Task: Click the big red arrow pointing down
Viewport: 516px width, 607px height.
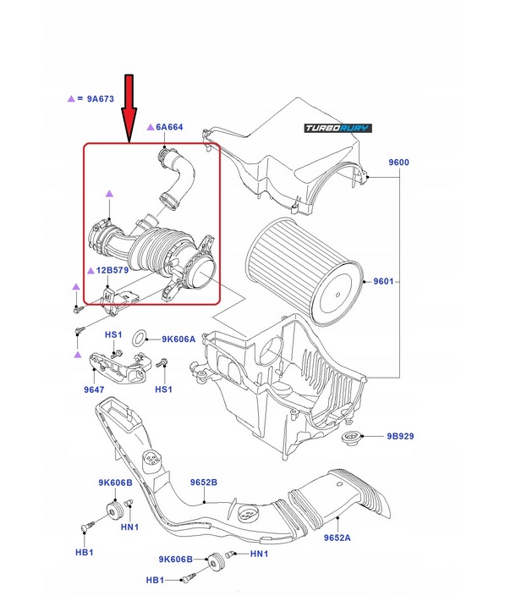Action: click(x=129, y=106)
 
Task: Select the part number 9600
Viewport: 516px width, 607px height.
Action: click(x=398, y=162)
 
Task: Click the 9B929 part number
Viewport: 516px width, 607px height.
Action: click(x=400, y=437)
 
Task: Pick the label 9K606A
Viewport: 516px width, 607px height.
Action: click(x=179, y=339)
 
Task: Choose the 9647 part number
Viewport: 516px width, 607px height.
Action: click(x=93, y=390)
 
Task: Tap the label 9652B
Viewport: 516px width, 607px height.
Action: click(x=202, y=482)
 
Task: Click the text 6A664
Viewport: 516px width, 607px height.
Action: click(x=169, y=127)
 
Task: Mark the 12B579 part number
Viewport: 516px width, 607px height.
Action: click(x=111, y=270)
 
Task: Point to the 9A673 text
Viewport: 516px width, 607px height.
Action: click(x=100, y=99)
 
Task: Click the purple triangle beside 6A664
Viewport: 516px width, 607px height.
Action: click(x=150, y=127)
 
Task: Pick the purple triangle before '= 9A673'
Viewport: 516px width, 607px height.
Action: click(x=70, y=99)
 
